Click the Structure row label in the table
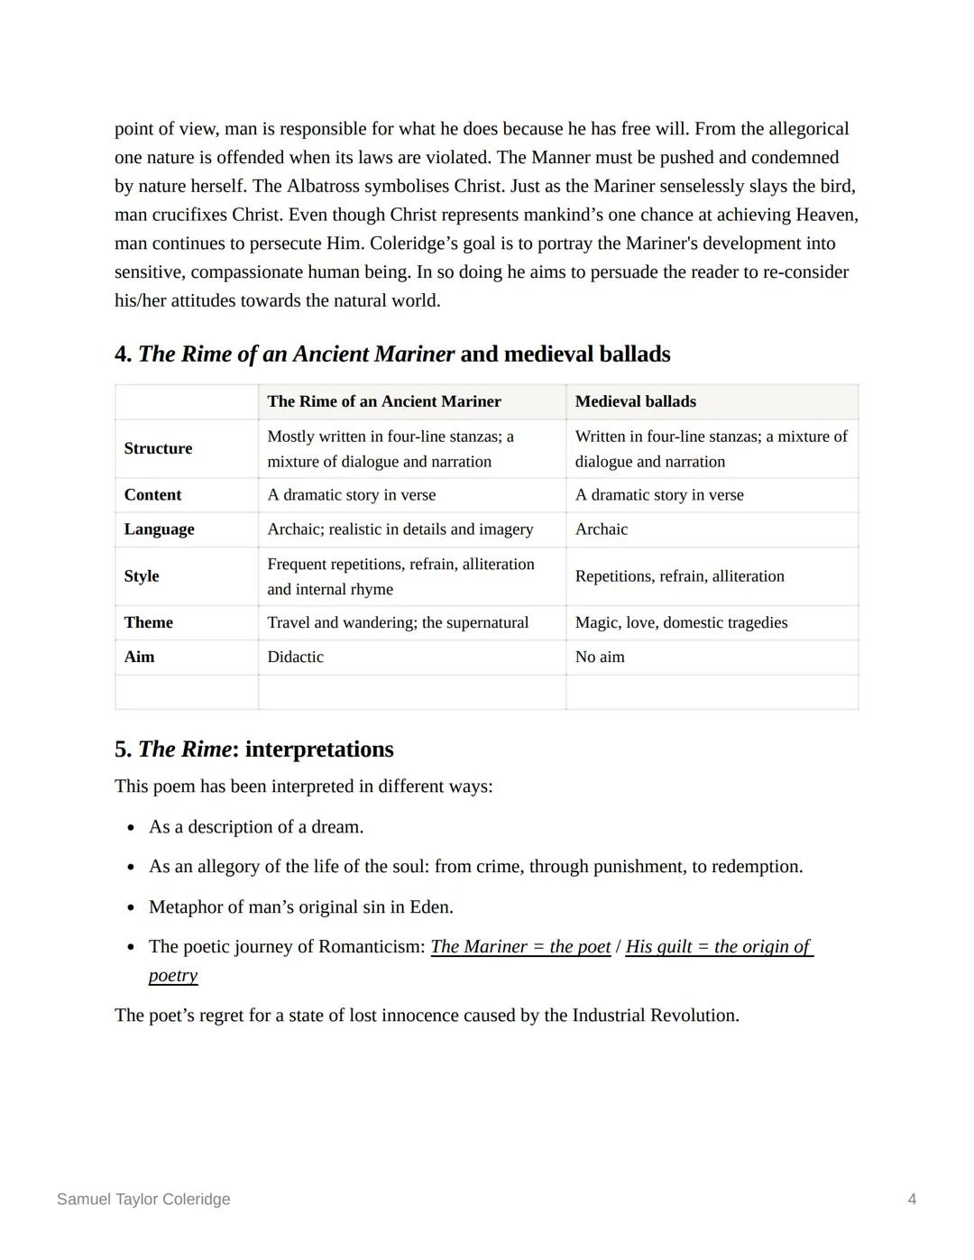pos(158,448)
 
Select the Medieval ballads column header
pos(635,401)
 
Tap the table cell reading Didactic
pos(295,657)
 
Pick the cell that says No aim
pos(600,657)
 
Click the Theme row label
pos(148,622)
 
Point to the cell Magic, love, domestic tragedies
pos(681,622)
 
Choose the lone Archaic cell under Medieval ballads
pos(602,529)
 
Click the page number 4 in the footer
pos(912,1199)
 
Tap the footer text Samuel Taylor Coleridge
pos(143,1199)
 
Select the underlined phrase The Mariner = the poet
pos(520,946)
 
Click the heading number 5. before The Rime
pos(124,750)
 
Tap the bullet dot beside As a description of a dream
pos(131,827)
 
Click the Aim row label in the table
pos(139,657)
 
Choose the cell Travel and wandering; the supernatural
pos(398,622)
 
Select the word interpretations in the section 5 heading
pos(319,750)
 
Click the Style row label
pos(142,576)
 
